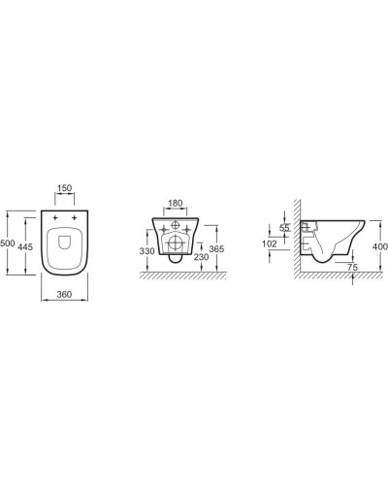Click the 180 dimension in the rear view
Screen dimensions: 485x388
point(176,204)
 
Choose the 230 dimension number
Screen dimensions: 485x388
point(199,257)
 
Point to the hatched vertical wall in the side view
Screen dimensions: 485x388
point(294,242)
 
